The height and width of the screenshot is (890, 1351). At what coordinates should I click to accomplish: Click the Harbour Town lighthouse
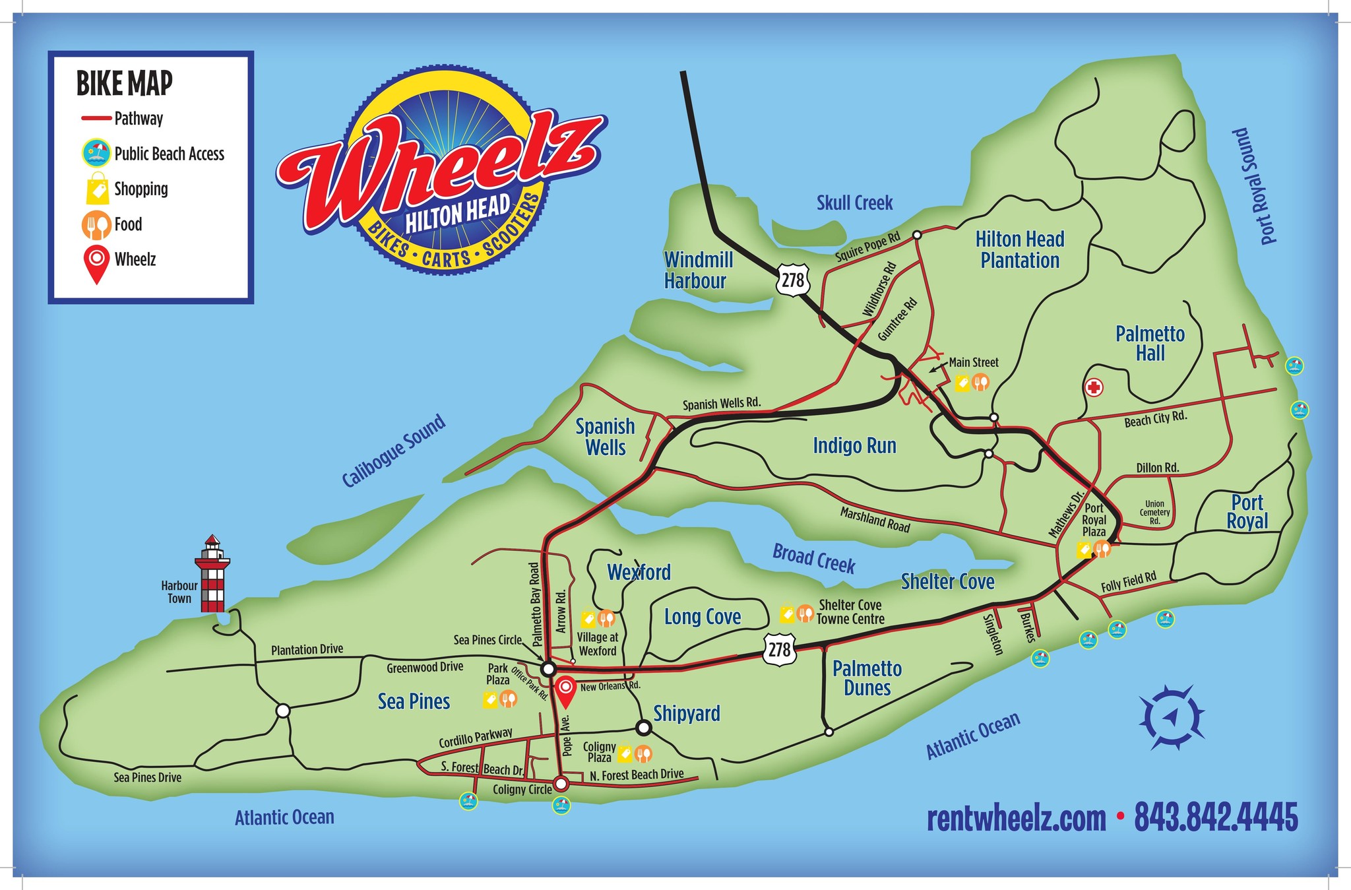click(x=212, y=574)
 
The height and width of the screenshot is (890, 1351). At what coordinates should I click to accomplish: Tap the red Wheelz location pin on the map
click(x=565, y=691)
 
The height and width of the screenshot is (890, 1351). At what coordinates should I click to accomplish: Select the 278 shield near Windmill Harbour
click(x=792, y=280)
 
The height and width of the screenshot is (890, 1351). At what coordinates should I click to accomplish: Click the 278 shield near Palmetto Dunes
click(x=779, y=650)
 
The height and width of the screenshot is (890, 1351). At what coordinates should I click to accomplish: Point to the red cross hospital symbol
click(x=1094, y=387)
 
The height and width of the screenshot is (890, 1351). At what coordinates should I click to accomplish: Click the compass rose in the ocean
click(x=1172, y=716)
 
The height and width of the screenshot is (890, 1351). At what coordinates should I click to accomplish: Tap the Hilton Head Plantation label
click(x=1019, y=250)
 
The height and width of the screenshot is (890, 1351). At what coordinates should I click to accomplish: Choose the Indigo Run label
click(x=854, y=446)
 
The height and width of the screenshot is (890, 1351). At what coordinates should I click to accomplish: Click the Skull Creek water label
click(x=854, y=203)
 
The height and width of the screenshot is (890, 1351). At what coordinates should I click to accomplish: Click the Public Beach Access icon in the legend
click(x=96, y=154)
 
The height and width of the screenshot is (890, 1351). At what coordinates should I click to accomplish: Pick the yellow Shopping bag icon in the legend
click(x=97, y=189)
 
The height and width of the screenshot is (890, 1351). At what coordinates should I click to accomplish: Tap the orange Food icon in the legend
click(x=96, y=224)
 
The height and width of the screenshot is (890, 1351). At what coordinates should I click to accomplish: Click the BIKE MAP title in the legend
click(x=124, y=84)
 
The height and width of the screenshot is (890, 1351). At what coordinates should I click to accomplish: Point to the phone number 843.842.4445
click(x=1216, y=818)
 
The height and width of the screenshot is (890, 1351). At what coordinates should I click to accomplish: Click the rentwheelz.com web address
click(x=1016, y=819)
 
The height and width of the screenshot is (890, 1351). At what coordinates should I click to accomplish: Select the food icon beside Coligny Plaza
click(x=643, y=753)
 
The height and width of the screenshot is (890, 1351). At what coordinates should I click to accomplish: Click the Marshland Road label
click(x=875, y=520)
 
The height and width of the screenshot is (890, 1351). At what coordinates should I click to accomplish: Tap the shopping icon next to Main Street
click(x=962, y=383)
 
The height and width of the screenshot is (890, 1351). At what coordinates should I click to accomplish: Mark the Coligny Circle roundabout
click(x=561, y=784)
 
